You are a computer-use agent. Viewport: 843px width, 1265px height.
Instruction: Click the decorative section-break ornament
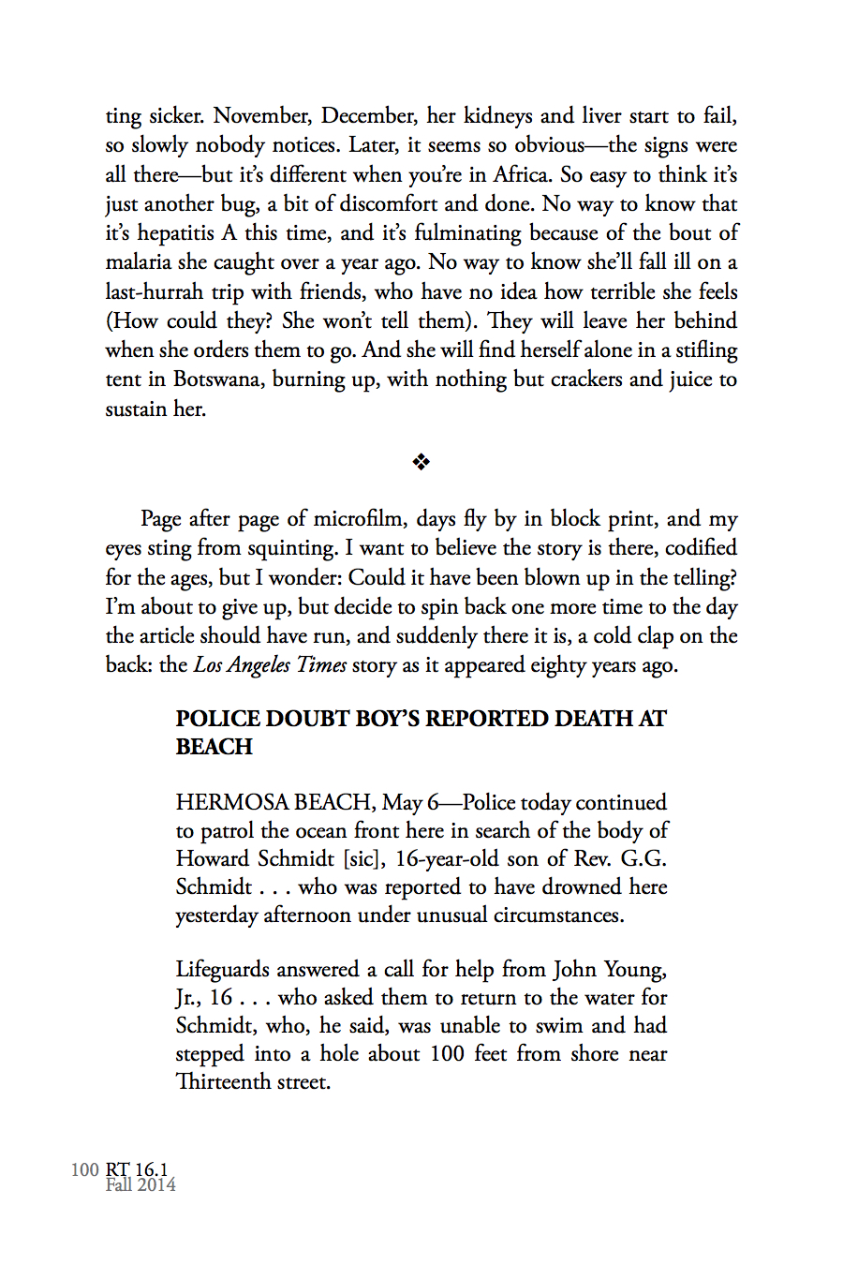coord(421,462)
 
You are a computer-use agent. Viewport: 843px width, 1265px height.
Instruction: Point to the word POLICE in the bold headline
coord(217,719)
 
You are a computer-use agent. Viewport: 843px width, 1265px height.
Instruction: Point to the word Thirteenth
coord(223,1082)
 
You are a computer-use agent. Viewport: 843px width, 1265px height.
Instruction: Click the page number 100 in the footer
coord(84,1169)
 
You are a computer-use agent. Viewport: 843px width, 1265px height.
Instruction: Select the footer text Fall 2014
coord(140,1184)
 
